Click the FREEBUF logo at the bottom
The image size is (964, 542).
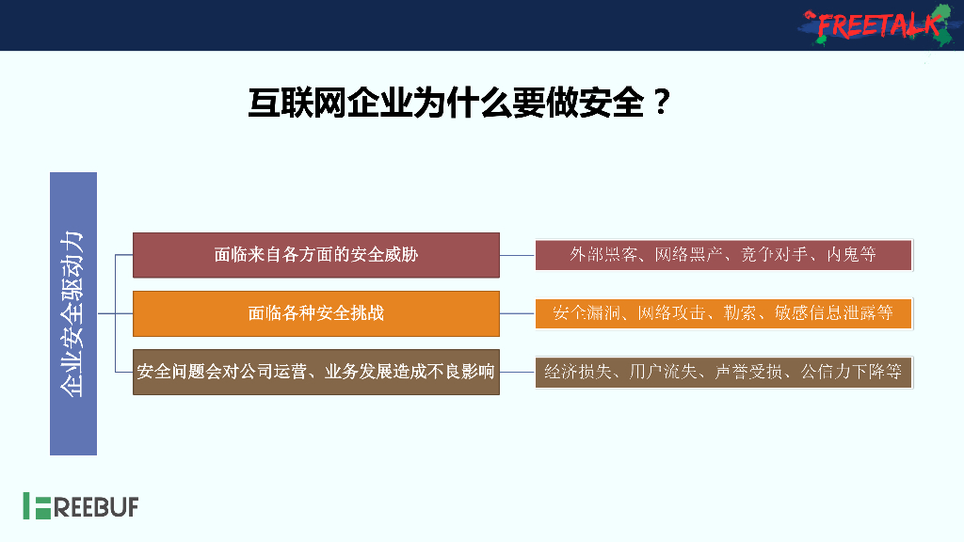(x=81, y=506)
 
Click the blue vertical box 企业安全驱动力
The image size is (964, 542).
(x=73, y=313)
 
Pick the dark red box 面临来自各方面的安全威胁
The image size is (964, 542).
(x=315, y=255)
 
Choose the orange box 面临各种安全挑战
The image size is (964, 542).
(x=315, y=313)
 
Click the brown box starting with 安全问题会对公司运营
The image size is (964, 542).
(x=315, y=371)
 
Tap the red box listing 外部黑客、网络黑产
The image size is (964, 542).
(x=723, y=255)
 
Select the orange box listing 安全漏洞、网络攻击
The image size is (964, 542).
(x=723, y=313)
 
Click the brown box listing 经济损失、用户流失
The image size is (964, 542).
(x=723, y=371)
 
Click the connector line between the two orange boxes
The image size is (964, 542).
(x=517, y=313)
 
